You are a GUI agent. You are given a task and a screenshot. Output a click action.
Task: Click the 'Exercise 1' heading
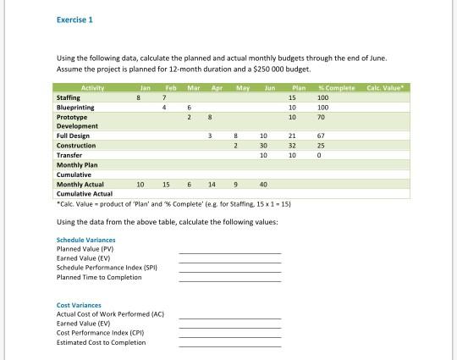pos(74,19)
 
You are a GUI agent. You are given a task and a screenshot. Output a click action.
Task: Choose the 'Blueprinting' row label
pos(75,108)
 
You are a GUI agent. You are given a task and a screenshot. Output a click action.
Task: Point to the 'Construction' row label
pos(76,146)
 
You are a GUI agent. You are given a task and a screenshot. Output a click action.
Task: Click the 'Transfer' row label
pos(69,155)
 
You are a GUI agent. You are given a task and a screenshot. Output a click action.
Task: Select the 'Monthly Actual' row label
pos(80,184)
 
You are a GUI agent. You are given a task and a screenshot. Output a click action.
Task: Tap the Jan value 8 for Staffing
pos(138,98)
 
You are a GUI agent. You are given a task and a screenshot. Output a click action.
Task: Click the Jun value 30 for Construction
pos(264,146)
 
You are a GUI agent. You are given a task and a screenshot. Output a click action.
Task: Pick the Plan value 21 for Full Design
pos(292,136)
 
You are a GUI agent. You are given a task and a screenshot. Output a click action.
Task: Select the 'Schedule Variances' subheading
pos(85,240)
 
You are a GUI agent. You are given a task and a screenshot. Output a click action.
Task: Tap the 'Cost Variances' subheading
pos(78,305)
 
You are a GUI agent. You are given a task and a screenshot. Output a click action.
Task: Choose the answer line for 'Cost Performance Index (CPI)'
pos(229,336)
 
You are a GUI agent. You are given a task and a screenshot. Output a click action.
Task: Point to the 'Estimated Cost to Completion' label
pos(101,342)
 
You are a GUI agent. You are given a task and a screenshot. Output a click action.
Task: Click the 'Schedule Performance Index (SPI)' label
pos(106,268)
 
